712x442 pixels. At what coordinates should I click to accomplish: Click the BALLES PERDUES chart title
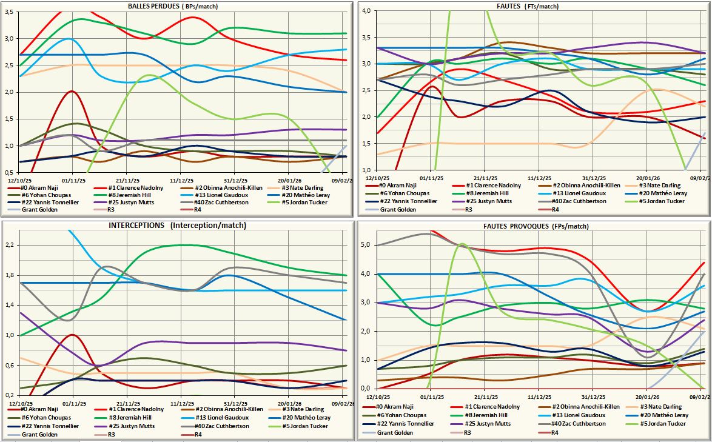coord(173,6)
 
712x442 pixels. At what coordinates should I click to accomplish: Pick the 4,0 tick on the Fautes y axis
coord(366,10)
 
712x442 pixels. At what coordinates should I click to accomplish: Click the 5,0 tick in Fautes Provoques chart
coord(366,245)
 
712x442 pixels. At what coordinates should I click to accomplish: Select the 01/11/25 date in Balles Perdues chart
coord(73,181)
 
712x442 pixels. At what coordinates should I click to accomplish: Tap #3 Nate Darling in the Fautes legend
coord(661,186)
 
